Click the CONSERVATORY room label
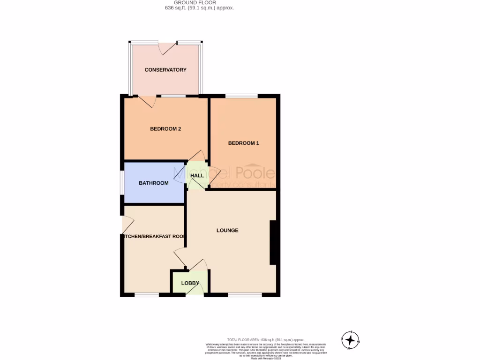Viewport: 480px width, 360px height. [x=165, y=70]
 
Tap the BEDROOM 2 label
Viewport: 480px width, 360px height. [x=165, y=129]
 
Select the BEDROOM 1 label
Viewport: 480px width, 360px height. [x=243, y=143]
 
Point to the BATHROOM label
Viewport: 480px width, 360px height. [x=153, y=183]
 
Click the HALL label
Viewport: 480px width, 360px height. [x=197, y=175]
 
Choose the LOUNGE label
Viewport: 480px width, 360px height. [x=227, y=230]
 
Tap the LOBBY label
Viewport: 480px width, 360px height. [x=190, y=283]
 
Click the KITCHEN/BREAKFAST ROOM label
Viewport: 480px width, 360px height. [x=153, y=237]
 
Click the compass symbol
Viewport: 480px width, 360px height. [x=350, y=340]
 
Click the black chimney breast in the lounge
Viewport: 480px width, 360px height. [x=274, y=242]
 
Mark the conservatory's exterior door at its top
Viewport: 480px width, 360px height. [x=167, y=46]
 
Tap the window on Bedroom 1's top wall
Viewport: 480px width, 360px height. [x=241, y=97]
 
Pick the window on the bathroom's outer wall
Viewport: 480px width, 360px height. [x=122, y=183]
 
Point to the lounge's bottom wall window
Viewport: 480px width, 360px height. [x=245, y=295]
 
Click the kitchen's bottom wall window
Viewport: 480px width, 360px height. [x=146, y=295]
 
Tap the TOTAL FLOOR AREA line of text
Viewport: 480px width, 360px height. [x=266, y=339]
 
